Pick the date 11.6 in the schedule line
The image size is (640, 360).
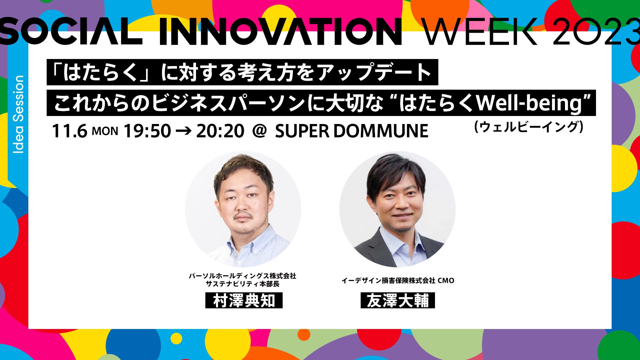point(69,131)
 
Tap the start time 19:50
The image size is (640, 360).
point(147,131)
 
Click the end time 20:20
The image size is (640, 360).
point(220,131)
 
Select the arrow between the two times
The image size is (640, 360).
point(183,131)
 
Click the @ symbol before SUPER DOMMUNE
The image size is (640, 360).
point(260,131)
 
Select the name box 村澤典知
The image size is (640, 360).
point(244,301)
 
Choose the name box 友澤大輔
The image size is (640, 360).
point(398,301)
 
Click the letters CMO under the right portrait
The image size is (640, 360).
point(446,281)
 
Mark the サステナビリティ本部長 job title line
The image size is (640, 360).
point(243,284)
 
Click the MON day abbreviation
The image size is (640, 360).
point(105,131)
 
